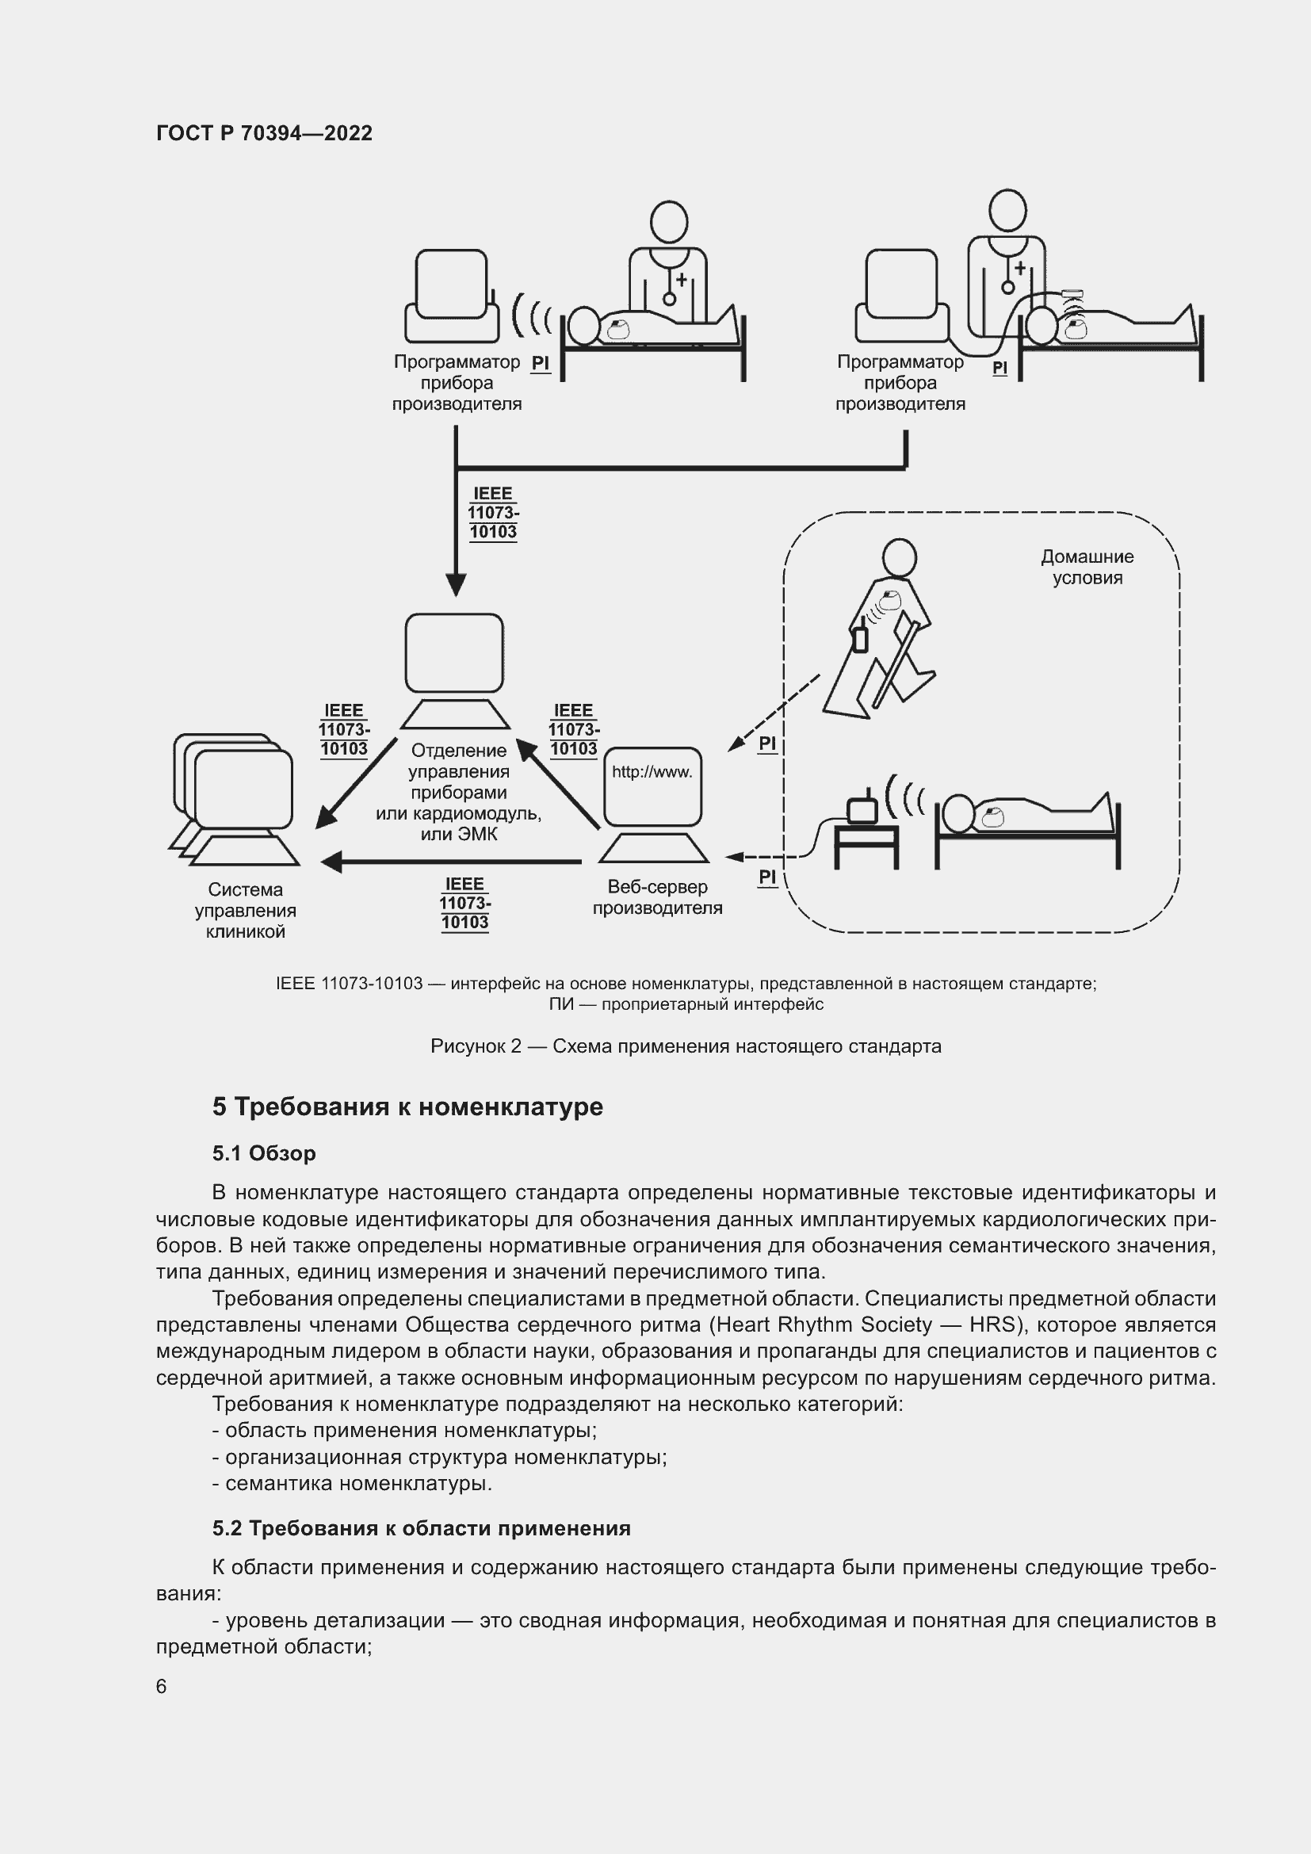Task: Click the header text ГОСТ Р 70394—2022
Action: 264,133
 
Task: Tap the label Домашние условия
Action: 1087,567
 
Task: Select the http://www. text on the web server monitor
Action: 652,772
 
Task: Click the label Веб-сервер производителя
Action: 657,897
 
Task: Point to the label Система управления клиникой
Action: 246,910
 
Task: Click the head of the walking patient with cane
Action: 899,558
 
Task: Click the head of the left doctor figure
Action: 668,221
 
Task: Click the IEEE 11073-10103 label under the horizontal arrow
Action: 465,904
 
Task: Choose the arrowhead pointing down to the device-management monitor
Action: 456,585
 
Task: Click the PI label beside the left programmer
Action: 540,363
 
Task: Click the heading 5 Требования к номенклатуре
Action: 407,1107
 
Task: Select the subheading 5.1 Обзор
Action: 264,1153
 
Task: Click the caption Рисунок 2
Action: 476,1046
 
